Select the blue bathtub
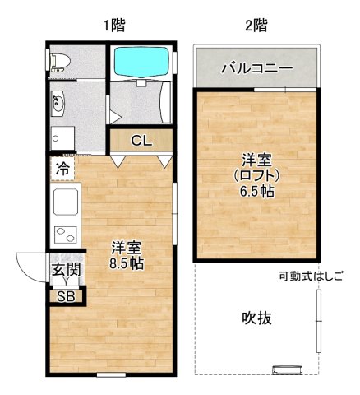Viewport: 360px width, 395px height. pos(141,62)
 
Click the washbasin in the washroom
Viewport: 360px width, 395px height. pos(58,104)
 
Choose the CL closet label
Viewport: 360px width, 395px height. pos(141,141)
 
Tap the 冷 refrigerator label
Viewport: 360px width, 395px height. pos(62,168)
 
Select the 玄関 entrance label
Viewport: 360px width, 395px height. pos(66,270)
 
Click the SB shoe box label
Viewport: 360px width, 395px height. pos(64,296)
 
